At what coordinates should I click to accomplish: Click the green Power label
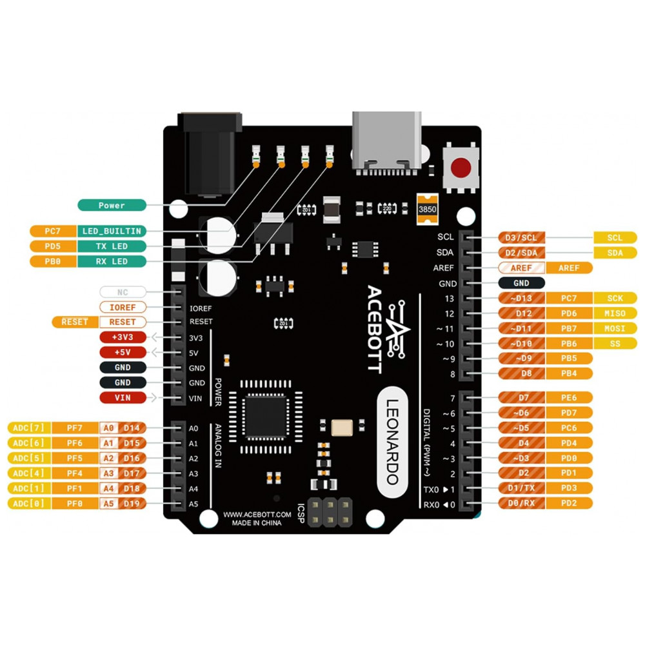pos(112,205)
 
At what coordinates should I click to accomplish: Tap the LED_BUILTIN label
pos(112,231)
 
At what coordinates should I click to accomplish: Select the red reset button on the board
pos(461,168)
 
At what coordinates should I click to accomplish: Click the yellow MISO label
pos(615,313)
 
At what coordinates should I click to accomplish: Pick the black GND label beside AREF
pos(521,283)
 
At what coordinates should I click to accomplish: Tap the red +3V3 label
pos(123,337)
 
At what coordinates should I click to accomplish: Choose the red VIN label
pos(123,398)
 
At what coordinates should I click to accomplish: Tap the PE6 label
pos(568,397)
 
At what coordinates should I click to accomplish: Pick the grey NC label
pos(123,292)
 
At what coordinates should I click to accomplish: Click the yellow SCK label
pos(615,298)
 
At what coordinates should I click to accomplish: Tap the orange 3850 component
pos(427,209)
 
